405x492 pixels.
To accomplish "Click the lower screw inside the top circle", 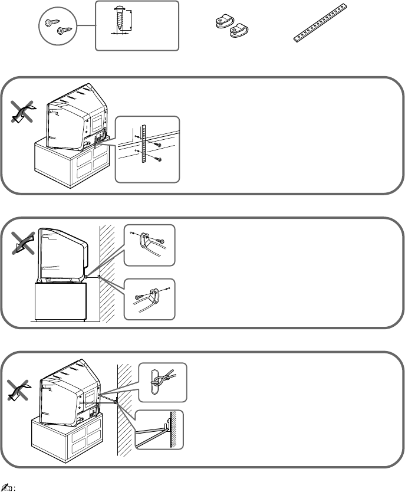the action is [60, 30].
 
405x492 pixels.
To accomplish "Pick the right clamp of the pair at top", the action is [239, 29].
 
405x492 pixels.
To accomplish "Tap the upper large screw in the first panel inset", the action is [157, 144].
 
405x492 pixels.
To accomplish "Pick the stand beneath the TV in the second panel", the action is [61, 301].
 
